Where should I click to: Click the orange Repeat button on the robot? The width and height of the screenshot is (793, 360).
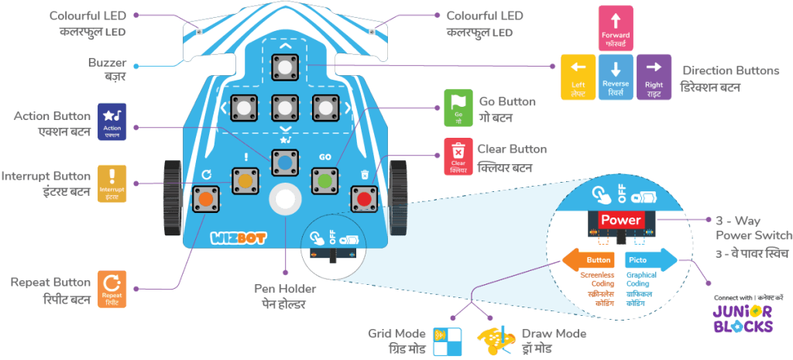(x=206, y=200)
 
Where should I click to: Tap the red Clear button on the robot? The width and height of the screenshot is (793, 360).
(x=364, y=198)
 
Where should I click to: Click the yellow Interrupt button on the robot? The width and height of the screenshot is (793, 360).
(x=246, y=181)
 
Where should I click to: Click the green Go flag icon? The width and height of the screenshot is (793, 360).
(x=458, y=108)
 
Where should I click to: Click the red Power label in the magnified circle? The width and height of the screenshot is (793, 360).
(x=621, y=220)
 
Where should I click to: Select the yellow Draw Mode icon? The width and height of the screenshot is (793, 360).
(x=496, y=338)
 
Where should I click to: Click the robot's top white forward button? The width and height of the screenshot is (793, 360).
(x=285, y=68)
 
